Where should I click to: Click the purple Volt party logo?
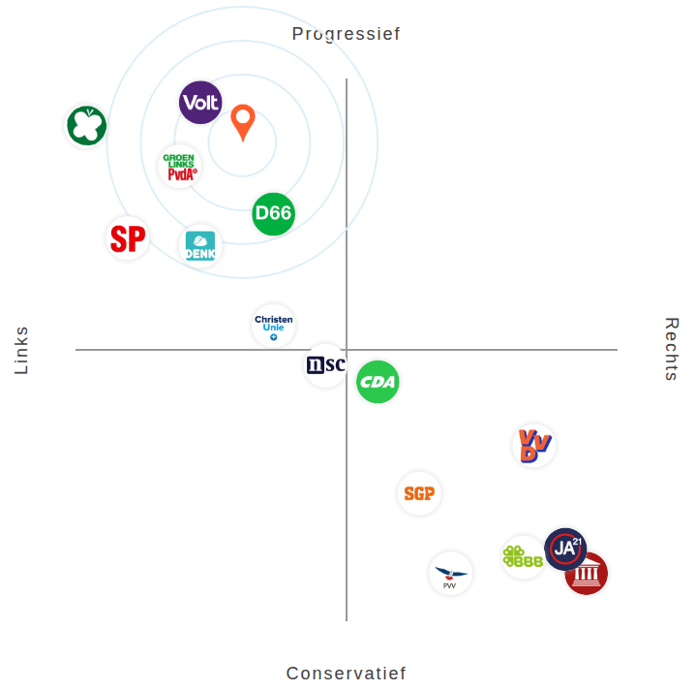(200, 103)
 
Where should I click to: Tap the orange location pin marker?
(243, 121)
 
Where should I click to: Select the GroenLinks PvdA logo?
(180, 167)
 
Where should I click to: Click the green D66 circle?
(273, 214)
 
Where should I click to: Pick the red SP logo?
(128, 238)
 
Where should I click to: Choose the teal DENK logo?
(200, 246)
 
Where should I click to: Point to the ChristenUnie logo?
(273, 327)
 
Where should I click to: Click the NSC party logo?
(325, 365)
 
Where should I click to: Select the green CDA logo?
(378, 382)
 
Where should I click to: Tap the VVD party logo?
(533, 446)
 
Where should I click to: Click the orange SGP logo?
(419, 494)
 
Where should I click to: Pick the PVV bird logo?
(450, 574)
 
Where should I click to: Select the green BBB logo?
(523, 557)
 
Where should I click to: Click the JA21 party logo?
(564, 549)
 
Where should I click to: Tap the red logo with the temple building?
(588, 575)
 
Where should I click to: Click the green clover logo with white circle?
(86, 126)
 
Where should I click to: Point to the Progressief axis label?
(347, 34)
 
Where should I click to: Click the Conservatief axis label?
(347, 674)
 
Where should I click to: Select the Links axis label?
(21, 350)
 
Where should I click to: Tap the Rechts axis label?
(672, 349)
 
